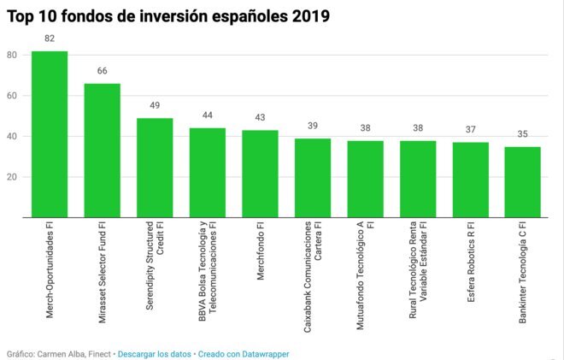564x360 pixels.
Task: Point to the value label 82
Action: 50,39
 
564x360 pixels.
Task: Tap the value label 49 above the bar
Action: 155,107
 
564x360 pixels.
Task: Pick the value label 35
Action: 522,135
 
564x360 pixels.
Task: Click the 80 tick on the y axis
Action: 12,55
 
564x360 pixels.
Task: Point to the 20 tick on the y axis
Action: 12,178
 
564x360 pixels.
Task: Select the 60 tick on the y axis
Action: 12,96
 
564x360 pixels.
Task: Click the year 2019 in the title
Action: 307,15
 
